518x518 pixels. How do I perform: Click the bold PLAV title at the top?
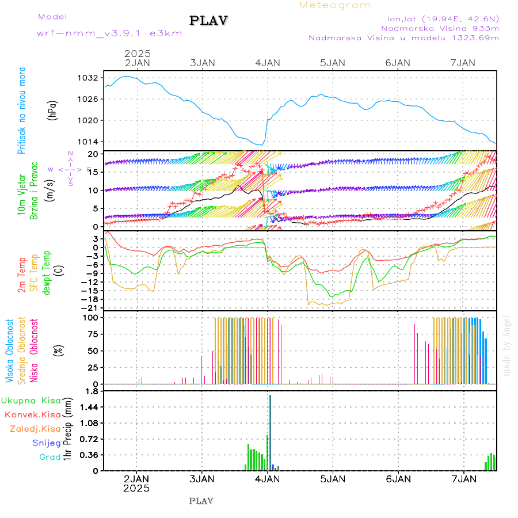pos(209,21)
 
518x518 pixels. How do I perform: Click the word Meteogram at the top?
pos(335,5)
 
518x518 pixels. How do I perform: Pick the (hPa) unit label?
pos(53,109)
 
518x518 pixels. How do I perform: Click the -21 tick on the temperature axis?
pos(91,308)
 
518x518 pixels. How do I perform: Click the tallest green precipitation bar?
pos(270,432)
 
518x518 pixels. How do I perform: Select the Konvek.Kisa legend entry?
pos(33,414)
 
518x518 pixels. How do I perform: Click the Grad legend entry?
pos(50,458)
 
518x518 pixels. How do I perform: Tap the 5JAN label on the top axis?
pos(332,63)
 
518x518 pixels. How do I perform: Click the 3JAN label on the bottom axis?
pos(202,478)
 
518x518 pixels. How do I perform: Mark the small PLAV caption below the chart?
pos(201,501)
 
